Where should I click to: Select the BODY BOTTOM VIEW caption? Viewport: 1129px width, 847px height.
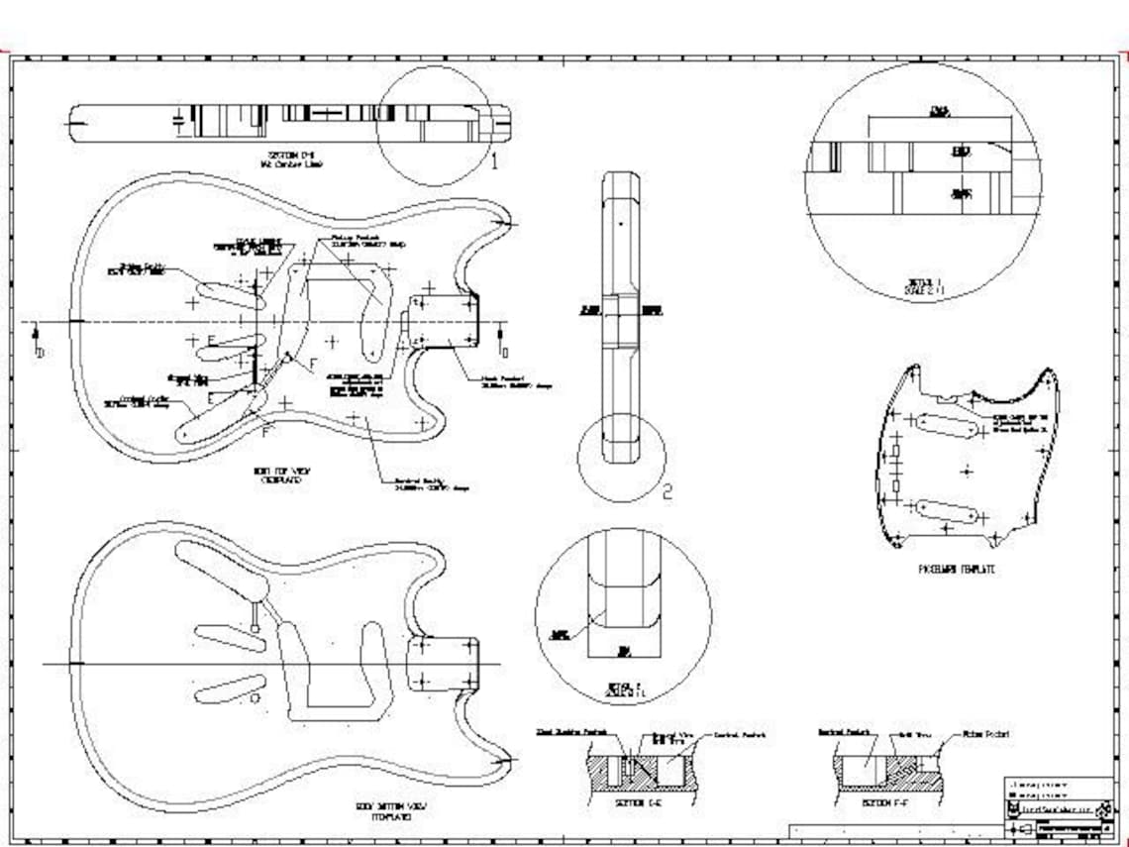point(391,811)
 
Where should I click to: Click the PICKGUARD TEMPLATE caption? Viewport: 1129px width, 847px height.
point(956,570)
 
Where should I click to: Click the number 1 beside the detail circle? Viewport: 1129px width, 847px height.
point(495,163)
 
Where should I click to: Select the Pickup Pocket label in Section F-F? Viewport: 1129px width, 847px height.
point(985,735)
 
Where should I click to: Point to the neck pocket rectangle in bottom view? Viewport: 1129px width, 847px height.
point(443,662)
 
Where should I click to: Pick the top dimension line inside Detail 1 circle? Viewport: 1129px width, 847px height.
point(939,118)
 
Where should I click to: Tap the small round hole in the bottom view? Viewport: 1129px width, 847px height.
point(255,698)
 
